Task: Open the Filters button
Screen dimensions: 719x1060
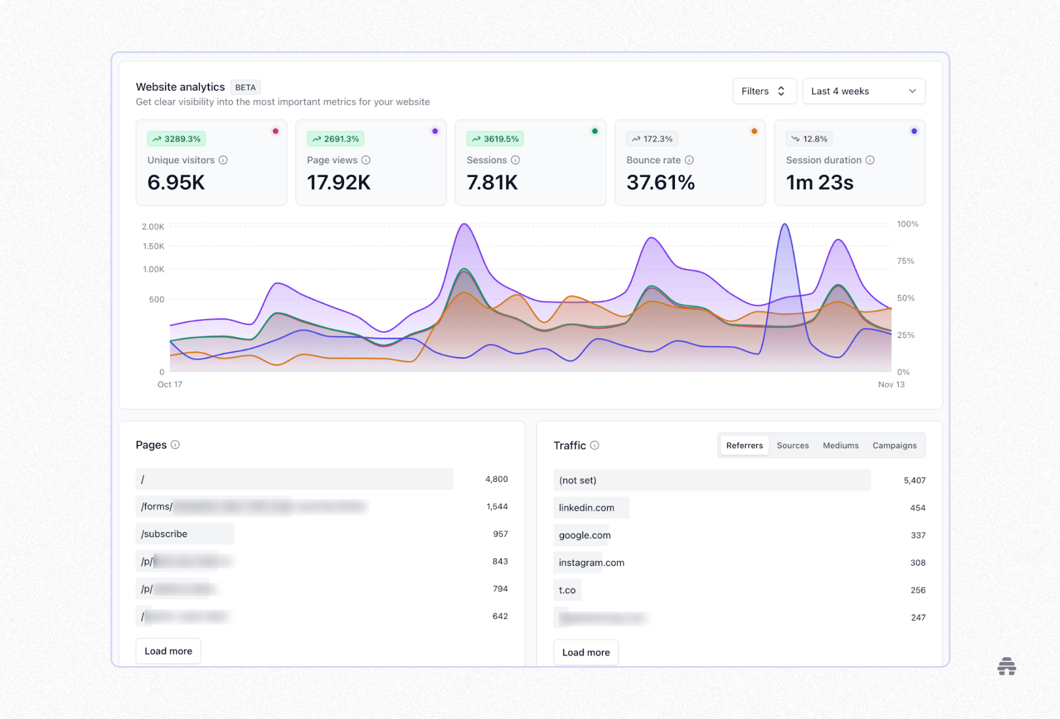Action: pyautogui.click(x=764, y=91)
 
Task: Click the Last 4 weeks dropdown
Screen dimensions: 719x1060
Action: pyautogui.click(x=863, y=91)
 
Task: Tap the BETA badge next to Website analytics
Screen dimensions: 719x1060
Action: pyautogui.click(x=245, y=87)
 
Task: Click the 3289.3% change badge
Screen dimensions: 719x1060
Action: pyautogui.click(x=176, y=139)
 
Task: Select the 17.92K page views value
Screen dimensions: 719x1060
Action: pyautogui.click(x=339, y=183)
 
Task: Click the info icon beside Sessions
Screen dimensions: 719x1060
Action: pyautogui.click(x=515, y=160)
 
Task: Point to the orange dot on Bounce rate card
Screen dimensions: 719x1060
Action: pyautogui.click(x=754, y=131)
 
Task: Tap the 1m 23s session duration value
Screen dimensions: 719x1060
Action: pyautogui.click(x=819, y=183)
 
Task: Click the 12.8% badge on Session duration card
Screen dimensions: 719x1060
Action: pyautogui.click(x=809, y=139)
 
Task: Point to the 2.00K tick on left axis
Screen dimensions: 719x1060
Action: pyautogui.click(x=153, y=227)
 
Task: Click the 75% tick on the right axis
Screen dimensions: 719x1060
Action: pyautogui.click(x=905, y=261)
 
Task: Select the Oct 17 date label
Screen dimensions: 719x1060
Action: pyautogui.click(x=170, y=385)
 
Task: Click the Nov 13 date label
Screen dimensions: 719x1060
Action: pyautogui.click(x=891, y=385)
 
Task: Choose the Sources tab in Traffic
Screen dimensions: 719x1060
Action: pyautogui.click(x=793, y=446)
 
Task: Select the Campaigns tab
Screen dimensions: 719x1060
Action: pyautogui.click(x=894, y=446)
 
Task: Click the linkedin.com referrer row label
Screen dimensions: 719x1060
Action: pyautogui.click(x=587, y=508)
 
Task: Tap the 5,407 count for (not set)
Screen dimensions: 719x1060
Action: pyautogui.click(x=914, y=481)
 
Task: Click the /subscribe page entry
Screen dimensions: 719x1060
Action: pyautogui.click(x=164, y=534)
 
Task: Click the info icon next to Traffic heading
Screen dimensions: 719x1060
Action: pyautogui.click(x=595, y=445)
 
